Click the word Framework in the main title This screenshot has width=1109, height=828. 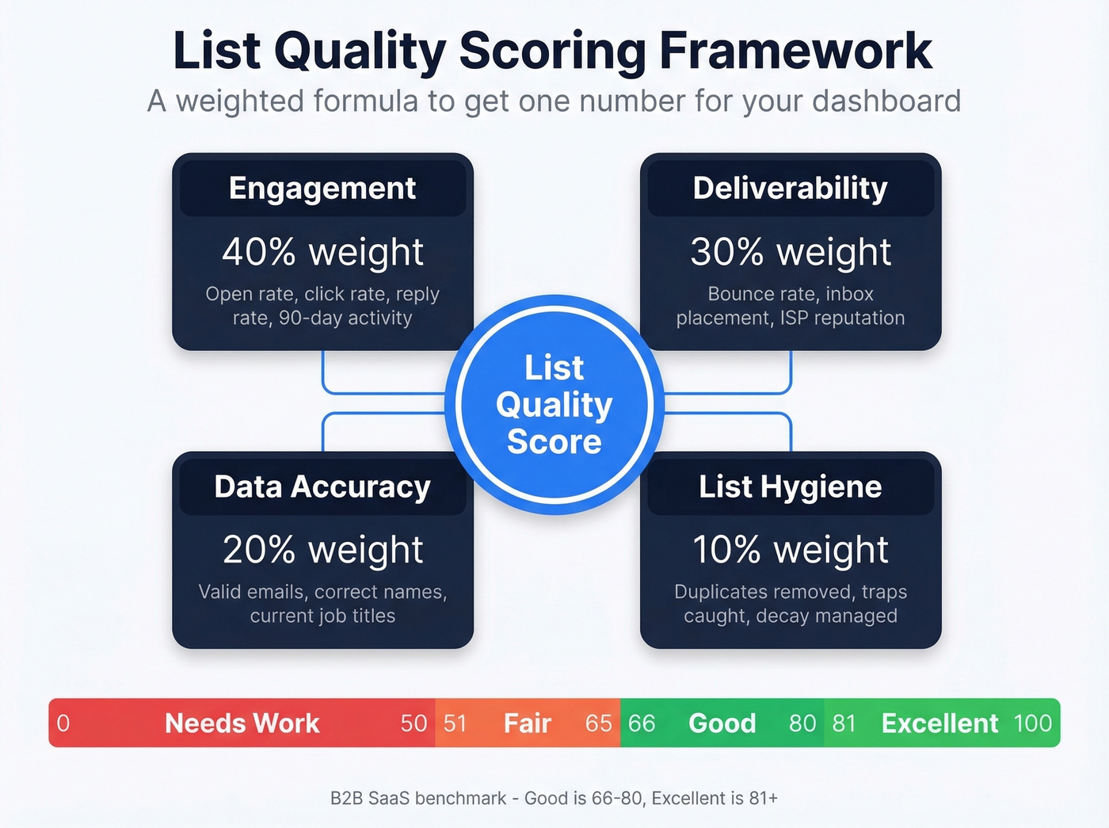tap(795, 51)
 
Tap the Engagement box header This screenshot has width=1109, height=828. tap(322, 189)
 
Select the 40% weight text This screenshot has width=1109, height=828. tap(322, 252)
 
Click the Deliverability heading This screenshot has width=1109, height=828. tap(790, 189)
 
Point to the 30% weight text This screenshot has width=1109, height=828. tap(790, 252)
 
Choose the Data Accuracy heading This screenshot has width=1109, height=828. tap(322, 486)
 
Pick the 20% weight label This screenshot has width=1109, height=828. tap(322, 550)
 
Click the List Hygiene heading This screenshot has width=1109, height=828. tap(790, 486)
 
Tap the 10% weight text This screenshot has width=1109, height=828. tap(790, 550)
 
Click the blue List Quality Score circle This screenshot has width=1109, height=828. tap(554, 405)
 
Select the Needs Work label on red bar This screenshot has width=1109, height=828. tap(242, 723)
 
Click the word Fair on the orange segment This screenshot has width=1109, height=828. tap(527, 723)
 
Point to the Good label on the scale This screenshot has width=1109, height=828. tap(722, 723)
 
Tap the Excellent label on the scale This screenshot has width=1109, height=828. tap(939, 723)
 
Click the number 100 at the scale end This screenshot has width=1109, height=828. tap(1033, 723)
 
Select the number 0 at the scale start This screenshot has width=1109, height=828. tap(63, 723)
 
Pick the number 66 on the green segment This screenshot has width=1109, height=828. tap(642, 723)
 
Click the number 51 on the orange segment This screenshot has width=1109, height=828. tap(455, 723)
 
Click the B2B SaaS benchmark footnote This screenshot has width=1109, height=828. tap(554, 798)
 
